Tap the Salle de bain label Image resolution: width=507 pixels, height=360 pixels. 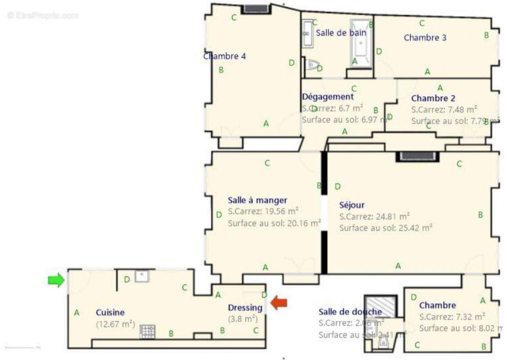point(341,33)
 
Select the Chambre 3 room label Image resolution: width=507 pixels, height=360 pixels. point(425,38)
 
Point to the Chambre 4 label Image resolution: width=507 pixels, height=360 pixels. point(224,56)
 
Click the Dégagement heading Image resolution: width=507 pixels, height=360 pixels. point(328,97)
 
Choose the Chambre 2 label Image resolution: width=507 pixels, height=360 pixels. point(433,98)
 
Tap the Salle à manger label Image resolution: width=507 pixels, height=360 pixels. point(257,201)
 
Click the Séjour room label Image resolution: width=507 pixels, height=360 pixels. point(352,205)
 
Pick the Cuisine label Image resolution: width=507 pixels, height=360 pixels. point(110,312)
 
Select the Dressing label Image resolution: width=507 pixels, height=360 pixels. point(245,308)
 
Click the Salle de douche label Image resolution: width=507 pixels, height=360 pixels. point(350,312)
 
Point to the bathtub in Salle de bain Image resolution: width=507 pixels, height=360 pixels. point(361,43)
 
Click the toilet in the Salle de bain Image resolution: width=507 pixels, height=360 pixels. point(311,65)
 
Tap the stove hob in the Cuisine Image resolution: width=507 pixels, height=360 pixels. point(147,332)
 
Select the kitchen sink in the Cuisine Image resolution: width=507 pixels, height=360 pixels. point(142,276)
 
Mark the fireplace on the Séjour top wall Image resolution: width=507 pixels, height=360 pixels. point(417,156)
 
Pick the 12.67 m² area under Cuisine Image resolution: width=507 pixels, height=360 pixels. point(116,323)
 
